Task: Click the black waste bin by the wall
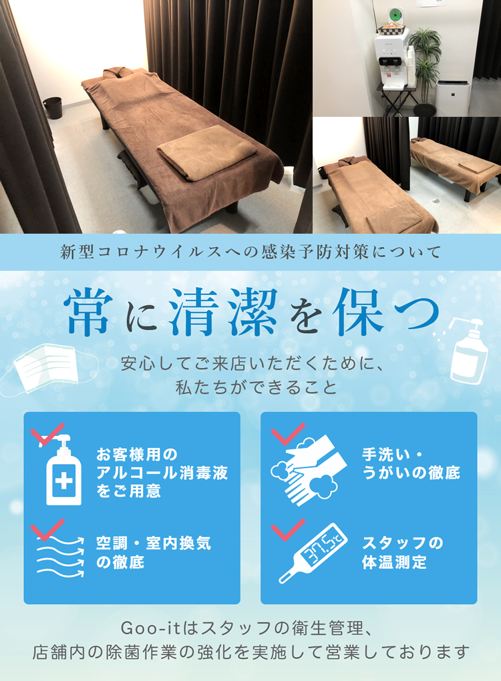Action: pos(53,107)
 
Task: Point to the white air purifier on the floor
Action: pos(453,98)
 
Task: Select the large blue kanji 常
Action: pos(88,312)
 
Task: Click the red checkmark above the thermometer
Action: pos(288,530)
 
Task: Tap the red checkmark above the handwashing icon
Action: pos(288,435)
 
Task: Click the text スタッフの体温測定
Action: pos(402,552)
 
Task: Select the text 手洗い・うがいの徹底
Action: pos(411,464)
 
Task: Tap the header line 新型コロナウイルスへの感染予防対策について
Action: pos(251,252)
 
